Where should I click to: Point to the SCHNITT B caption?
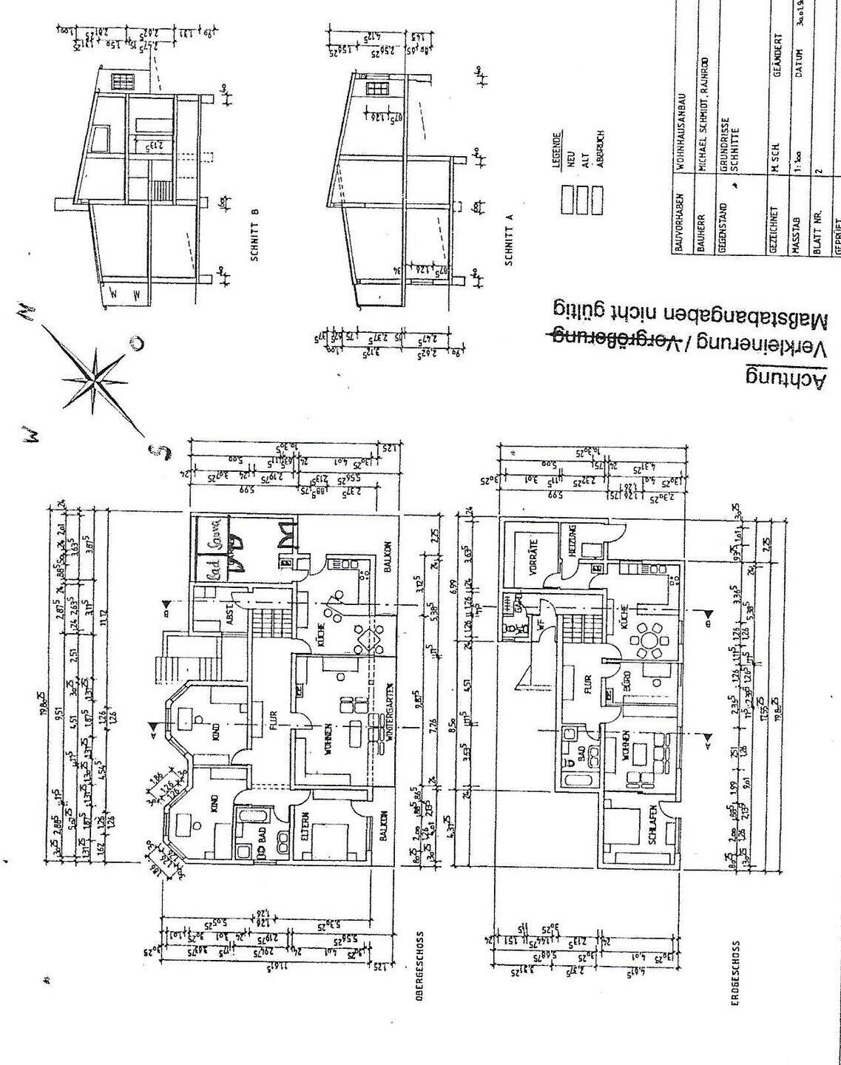254,235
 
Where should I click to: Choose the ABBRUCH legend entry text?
601,150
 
